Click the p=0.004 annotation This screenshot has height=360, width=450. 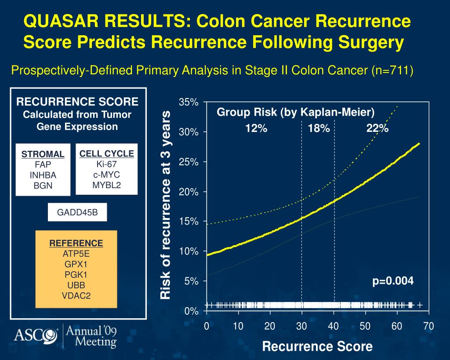pos(393,281)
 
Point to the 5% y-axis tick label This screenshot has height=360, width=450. pos(191,281)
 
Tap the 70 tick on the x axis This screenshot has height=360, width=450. pos(428,326)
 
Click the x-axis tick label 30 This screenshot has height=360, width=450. pos(301,326)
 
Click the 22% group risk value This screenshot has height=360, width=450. pos(377,128)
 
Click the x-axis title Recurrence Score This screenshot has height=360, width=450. pos(317,346)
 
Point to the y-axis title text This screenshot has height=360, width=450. pos(166,205)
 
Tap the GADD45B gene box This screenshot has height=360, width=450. pos(77,213)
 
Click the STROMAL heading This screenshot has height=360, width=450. pos(43,154)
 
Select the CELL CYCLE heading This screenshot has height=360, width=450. pos(107,153)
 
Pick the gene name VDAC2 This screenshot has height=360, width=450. pos(76,295)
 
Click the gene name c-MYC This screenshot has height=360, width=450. pos(107,175)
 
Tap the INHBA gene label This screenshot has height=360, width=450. pos(43,175)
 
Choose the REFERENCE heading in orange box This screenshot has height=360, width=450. pos(76,243)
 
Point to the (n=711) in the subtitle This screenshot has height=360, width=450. pos(392,70)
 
